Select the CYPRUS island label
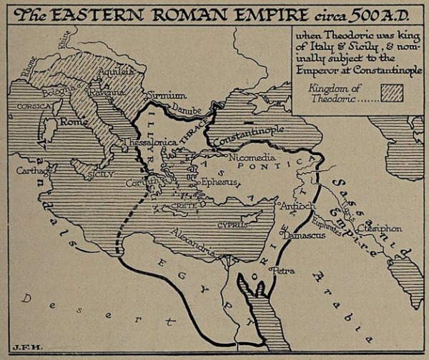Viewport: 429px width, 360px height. tap(232, 224)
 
